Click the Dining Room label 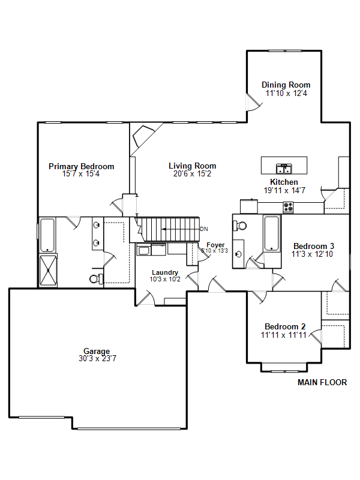[x=286, y=85]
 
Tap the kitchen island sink [x=284, y=169]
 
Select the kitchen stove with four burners [x=288, y=207]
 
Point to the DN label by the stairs [x=204, y=229]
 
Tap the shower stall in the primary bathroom [x=49, y=271]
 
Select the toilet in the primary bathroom [x=96, y=278]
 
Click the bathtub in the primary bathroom [x=47, y=235]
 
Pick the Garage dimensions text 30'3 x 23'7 [x=97, y=358]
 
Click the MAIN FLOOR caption [x=322, y=382]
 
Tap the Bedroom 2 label [x=285, y=326]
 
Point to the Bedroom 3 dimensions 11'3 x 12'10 [x=312, y=254]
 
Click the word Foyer [x=215, y=245]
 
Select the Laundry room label [x=165, y=272]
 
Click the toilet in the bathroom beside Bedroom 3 [x=240, y=226]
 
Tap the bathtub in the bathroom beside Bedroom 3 [x=272, y=233]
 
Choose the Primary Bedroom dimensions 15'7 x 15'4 [x=81, y=174]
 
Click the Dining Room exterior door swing [x=254, y=103]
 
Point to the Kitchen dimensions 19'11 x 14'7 [x=284, y=190]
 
